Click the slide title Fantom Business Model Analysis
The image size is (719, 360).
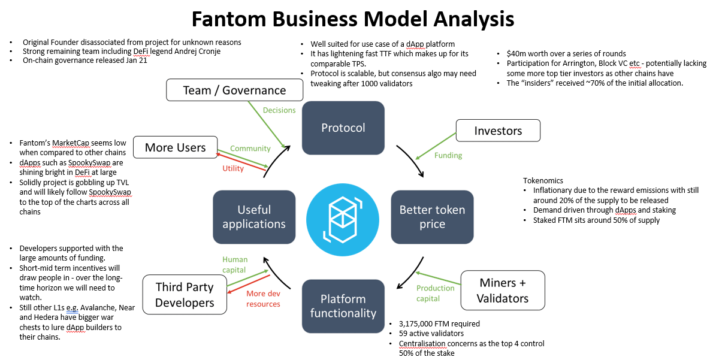[x=353, y=19]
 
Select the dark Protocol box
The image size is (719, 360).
[x=343, y=128]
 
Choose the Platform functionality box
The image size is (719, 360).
[x=343, y=305]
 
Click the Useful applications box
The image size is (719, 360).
[x=253, y=217]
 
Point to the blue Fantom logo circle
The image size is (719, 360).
[x=343, y=217]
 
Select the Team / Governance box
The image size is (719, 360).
[x=234, y=90]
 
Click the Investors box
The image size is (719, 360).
[x=498, y=131]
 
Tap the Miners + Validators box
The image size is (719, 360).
[x=502, y=291]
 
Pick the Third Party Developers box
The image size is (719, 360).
[x=185, y=295]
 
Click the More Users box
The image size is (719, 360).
[x=175, y=147]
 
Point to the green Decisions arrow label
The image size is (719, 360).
[x=279, y=110]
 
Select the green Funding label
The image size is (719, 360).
[x=448, y=156]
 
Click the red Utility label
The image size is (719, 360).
[x=233, y=169]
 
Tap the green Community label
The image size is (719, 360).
[x=250, y=149]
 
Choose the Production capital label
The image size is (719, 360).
[x=436, y=294]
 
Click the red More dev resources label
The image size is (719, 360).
[x=263, y=298]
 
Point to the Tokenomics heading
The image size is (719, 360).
[x=543, y=180]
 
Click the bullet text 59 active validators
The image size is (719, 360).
[x=426, y=334]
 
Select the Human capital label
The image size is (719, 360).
[x=234, y=265]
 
